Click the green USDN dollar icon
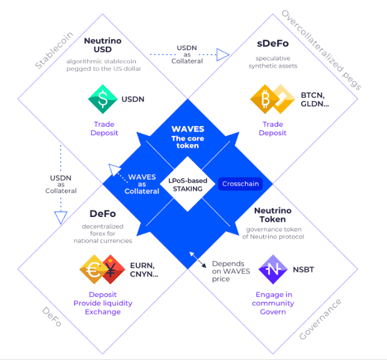103,99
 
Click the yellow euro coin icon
94,269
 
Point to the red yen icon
112,269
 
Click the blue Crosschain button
240,184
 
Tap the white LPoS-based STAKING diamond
189,185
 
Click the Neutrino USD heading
103,46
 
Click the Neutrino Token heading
273,215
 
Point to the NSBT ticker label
303,270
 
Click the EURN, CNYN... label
144,270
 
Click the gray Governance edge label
321,319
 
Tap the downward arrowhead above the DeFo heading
60,217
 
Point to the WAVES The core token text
187,137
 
